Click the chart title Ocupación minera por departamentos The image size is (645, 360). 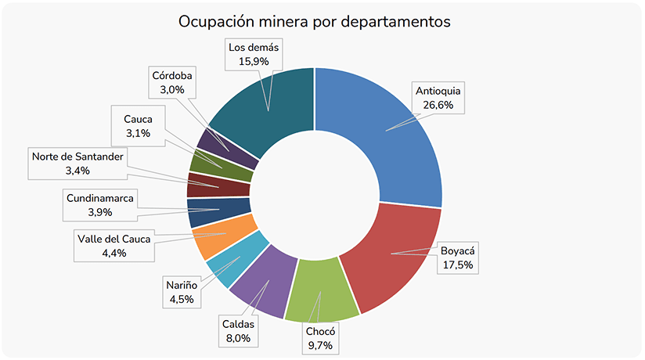coord(315,21)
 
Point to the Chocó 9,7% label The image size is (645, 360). coord(319,339)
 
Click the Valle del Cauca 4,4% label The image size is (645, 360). coord(114,246)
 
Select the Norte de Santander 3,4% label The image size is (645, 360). coord(77,163)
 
